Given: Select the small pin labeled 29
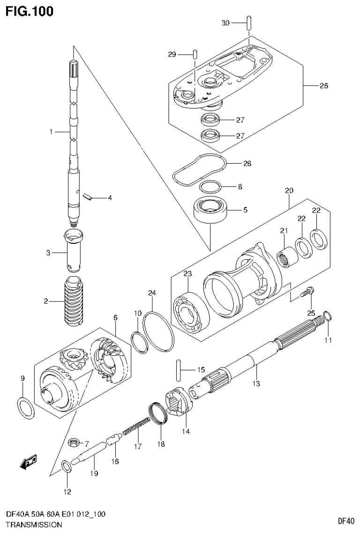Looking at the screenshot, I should pos(194,54).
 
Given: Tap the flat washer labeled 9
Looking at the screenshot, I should pos(26,406).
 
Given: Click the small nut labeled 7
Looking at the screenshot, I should pos(73,442).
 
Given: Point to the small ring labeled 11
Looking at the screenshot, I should pos(328,317).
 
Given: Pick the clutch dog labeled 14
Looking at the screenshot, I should pos(178,403).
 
